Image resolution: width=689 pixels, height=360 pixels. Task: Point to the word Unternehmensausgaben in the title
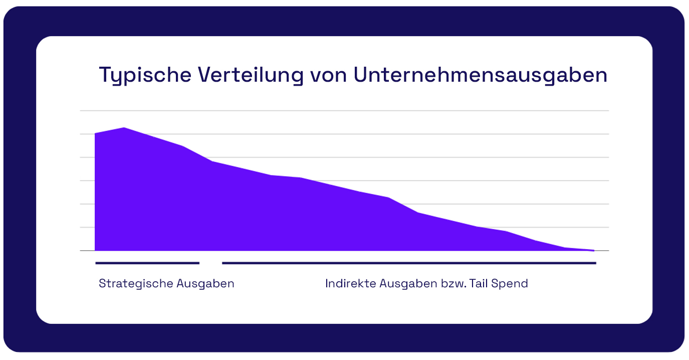pos(480,75)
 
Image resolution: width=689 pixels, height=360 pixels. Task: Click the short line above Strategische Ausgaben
pos(147,263)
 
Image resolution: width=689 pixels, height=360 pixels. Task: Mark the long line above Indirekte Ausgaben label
pos(409,263)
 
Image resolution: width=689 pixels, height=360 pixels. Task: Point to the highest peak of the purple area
pos(124,128)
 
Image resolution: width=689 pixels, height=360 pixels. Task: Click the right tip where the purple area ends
pos(593,250)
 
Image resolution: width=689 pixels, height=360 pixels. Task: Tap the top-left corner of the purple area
pos(95,134)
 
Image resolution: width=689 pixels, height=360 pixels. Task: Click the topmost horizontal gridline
pos(344,110)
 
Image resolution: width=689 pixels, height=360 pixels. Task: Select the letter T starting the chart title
pos(104,75)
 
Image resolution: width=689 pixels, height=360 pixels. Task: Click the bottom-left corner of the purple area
pos(95,250)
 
